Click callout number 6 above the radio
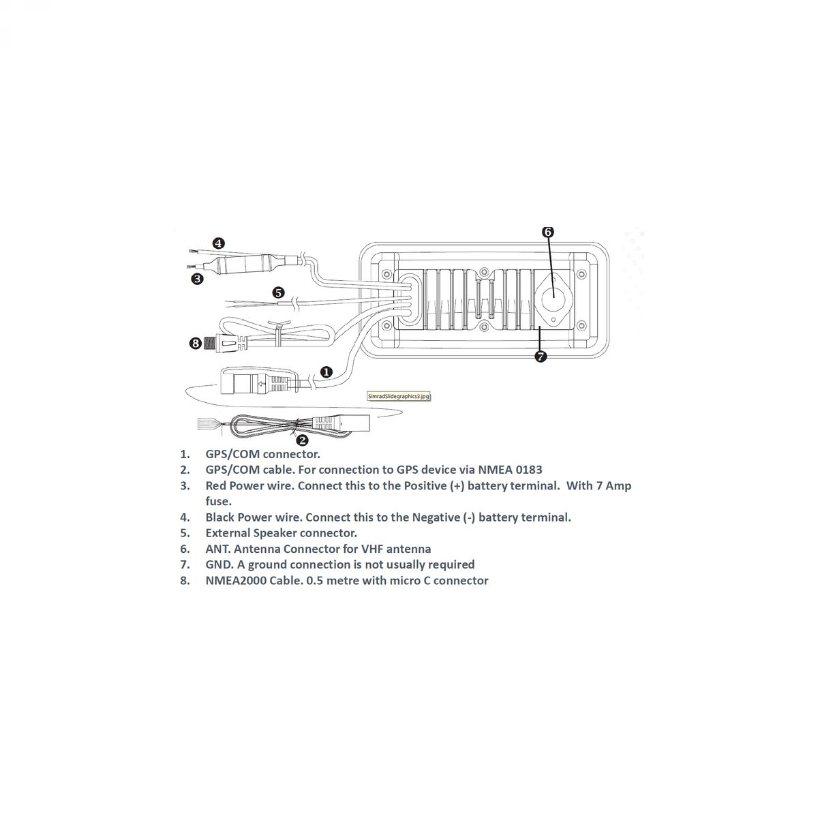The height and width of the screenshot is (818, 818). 548,232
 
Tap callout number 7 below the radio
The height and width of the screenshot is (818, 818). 541,357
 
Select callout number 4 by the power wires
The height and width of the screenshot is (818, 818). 218,243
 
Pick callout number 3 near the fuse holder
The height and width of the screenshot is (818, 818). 198,279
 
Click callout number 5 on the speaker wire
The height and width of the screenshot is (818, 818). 278,292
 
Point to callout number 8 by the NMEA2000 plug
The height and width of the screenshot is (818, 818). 195,343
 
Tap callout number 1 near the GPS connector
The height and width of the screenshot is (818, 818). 326,372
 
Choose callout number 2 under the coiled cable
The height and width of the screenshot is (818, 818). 302,440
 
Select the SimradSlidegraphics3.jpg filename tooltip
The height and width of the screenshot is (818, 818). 399,396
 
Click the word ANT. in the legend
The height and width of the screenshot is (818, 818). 218,549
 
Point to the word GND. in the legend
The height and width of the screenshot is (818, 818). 219,564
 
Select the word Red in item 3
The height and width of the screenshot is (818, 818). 216,485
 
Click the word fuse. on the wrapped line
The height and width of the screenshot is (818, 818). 219,501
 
